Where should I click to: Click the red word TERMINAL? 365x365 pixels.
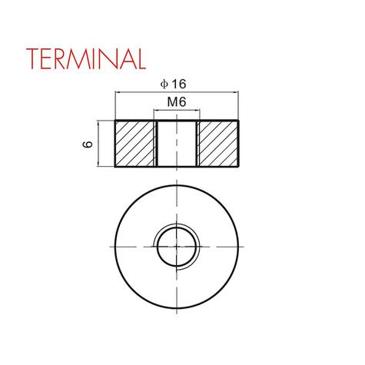point(84,58)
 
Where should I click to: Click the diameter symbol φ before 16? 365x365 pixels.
point(163,84)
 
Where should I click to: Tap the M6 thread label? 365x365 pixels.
point(176,101)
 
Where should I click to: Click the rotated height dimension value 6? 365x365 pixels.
point(88,144)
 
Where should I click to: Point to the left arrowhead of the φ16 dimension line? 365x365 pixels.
point(118,92)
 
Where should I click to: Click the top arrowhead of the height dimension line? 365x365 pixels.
point(100,124)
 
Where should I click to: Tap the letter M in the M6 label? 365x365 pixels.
point(171,101)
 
